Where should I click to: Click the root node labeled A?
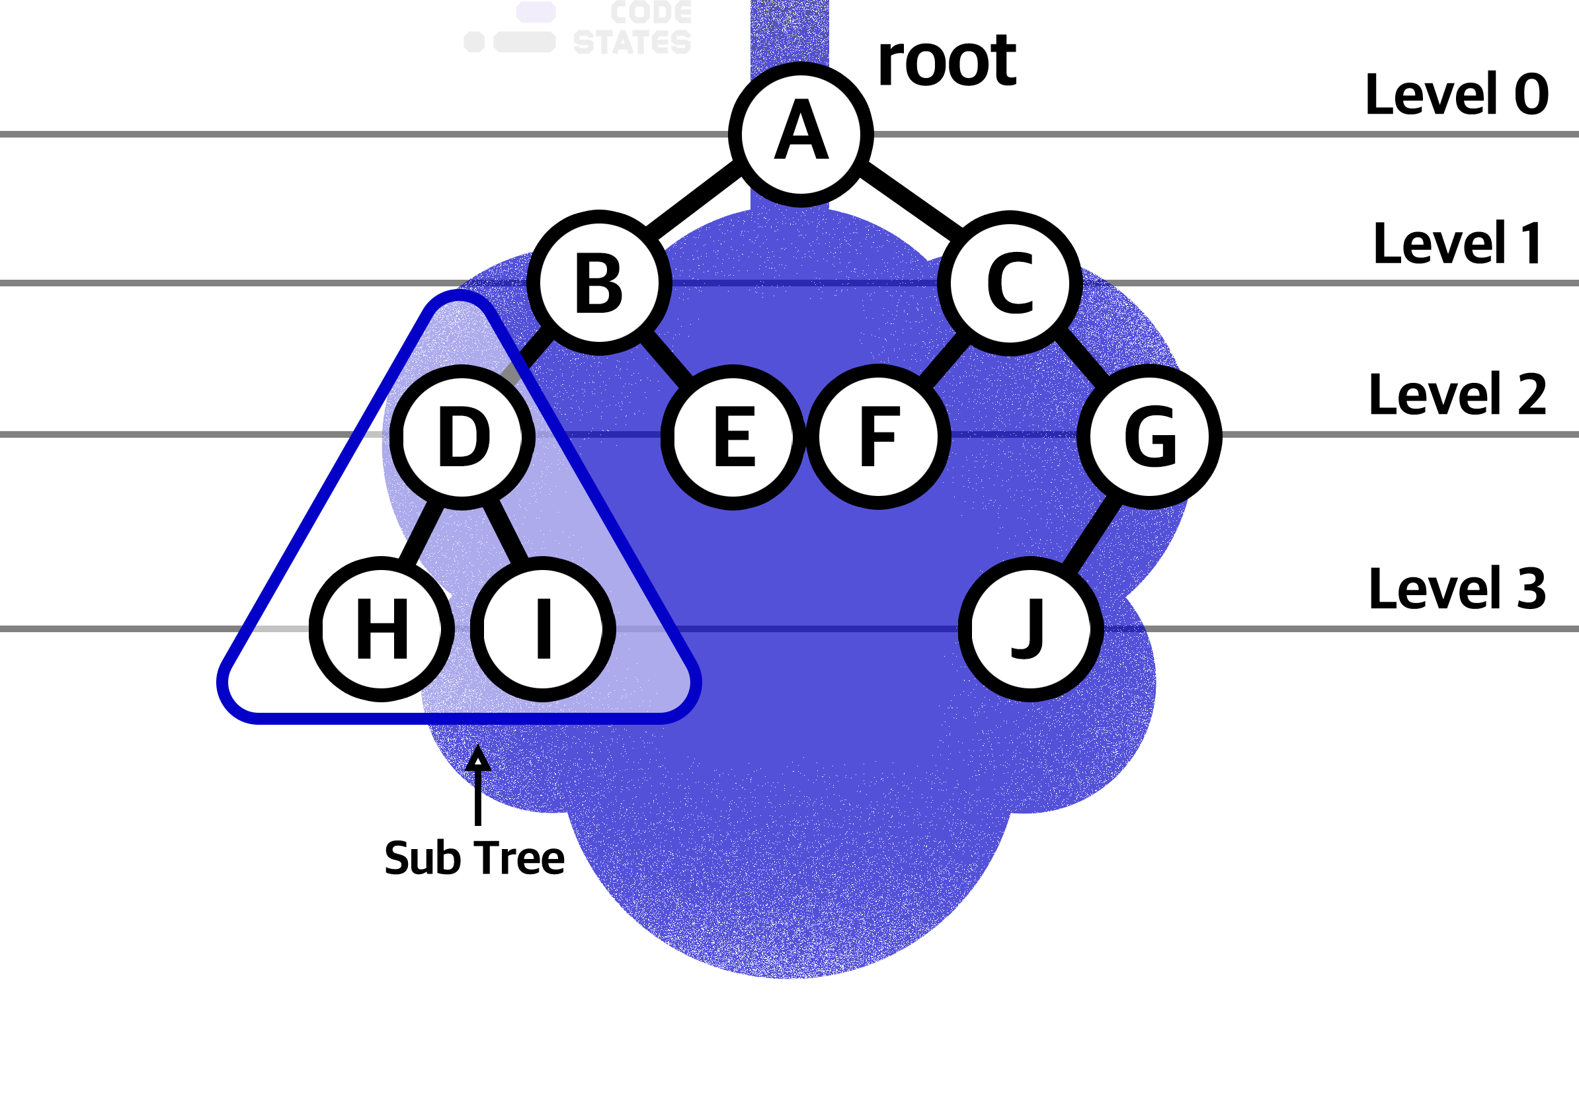[801, 135]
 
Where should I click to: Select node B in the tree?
[599, 282]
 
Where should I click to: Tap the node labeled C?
[1010, 282]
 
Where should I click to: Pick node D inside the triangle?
[462, 436]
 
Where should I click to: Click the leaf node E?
[733, 436]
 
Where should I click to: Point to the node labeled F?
[878, 436]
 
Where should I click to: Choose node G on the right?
[1150, 436]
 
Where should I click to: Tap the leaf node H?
[382, 628]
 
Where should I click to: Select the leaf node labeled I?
[544, 628]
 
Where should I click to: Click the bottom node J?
[1031, 628]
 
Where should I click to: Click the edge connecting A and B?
[698, 189]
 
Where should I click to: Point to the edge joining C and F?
[944, 360]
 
